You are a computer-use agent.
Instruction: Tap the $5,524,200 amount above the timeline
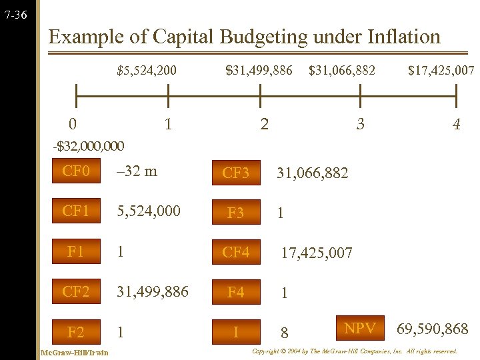tap(147, 69)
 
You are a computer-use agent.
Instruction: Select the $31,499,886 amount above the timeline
tap(259, 69)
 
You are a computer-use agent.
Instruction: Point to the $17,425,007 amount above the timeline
tap(441, 69)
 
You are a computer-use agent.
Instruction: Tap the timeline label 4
tap(456, 124)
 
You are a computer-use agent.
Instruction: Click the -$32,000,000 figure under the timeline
tap(89, 145)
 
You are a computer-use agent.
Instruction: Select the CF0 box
tap(76, 171)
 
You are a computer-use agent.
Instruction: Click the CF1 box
tap(76, 211)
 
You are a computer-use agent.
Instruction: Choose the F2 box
tap(76, 332)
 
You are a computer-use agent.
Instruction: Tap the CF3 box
tap(235, 174)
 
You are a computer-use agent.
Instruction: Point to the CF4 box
tap(235, 253)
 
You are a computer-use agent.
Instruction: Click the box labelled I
tap(235, 331)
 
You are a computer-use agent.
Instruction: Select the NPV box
tap(359, 328)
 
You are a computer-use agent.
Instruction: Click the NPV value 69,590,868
tap(433, 329)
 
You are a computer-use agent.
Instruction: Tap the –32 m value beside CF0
tap(137, 171)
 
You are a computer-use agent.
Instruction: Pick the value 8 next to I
tap(284, 332)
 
